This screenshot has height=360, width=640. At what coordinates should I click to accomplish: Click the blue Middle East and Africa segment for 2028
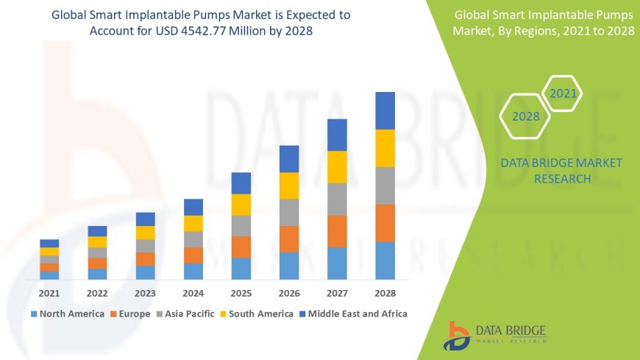pyautogui.click(x=385, y=110)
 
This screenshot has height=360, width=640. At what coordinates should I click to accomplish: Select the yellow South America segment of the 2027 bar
pyautogui.click(x=337, y=166)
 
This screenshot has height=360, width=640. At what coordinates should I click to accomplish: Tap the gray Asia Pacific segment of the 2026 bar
pyautogui.click(x=289, y=212)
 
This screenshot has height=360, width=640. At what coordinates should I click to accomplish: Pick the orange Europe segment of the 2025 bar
pyautogui.click(x=241, y=247)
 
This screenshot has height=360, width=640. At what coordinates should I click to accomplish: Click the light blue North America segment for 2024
pyautogui.click(x=193, y=271)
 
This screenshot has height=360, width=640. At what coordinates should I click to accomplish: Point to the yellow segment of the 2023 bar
pyautogui.click(x=146, y=233)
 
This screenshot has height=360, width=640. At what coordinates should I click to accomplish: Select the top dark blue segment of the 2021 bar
pyautogui.click(x=49, y=243)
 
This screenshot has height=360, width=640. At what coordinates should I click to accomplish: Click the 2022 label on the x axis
pyautogui.click(x=97, y=293)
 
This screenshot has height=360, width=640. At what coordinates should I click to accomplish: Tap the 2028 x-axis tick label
pyautogui.click(x=385, y=293)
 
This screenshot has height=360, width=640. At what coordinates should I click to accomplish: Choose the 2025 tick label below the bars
pyautogui.click(x=241, y=293)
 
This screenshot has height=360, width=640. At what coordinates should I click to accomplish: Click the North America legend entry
pyautogui.click(x=68, y=314)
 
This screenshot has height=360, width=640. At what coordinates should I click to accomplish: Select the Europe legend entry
pyautogui.click(x=131, y=314)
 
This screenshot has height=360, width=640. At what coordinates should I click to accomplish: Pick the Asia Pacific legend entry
pyautogui.click(x=184, y=314)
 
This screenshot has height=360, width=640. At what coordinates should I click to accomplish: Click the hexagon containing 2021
pyautogui.click(x=563, y=93)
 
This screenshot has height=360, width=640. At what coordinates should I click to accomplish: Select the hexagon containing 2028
pyautogui.click(x=526, y=116)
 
